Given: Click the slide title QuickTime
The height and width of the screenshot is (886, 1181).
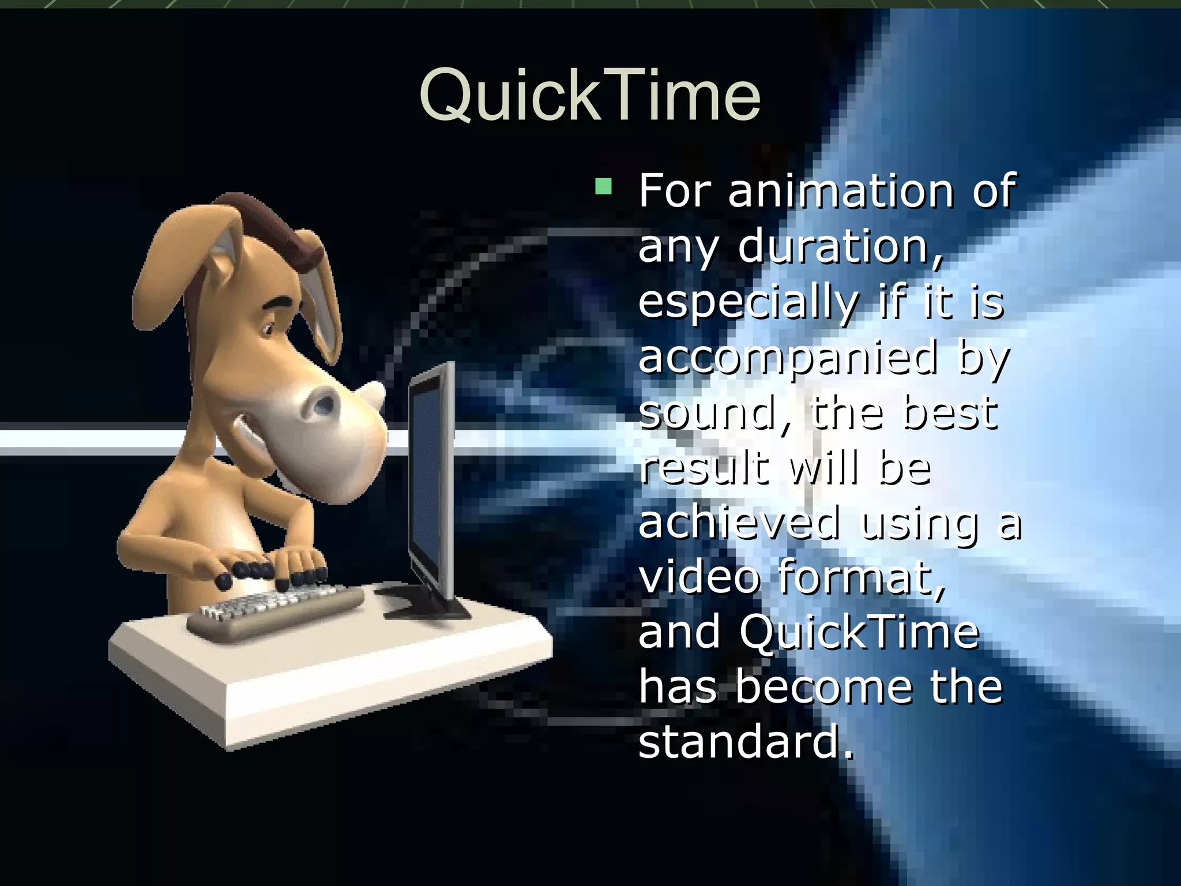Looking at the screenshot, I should [589, 95].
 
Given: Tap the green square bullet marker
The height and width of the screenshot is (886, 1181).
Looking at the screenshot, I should [603, 186].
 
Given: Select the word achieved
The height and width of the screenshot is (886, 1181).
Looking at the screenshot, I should [739, 523].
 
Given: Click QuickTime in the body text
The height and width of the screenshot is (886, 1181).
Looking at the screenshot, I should [859, 633].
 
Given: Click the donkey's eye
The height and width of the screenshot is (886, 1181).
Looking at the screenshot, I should [269, 329].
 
